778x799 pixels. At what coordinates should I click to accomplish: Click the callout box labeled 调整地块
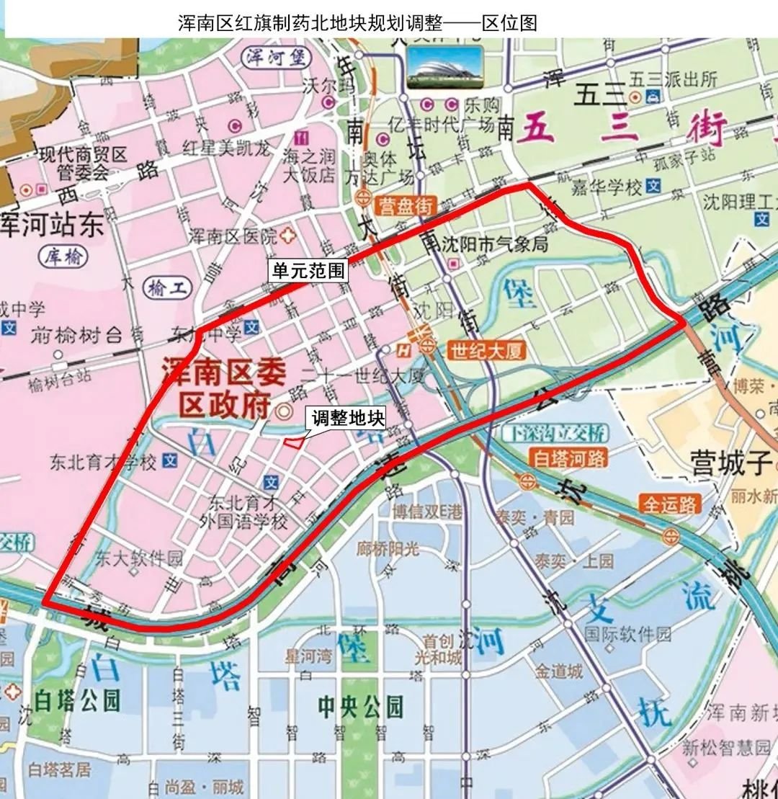349,419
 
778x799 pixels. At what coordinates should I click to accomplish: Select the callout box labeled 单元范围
308,271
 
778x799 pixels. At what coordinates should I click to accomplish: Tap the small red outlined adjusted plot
293,442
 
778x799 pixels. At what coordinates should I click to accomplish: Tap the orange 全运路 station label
671,504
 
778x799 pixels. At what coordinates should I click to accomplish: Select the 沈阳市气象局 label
495,244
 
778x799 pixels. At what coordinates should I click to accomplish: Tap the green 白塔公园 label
78,700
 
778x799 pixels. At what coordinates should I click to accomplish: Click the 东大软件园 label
139,558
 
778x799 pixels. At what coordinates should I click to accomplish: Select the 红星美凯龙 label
227,148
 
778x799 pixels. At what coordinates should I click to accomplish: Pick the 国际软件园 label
627,634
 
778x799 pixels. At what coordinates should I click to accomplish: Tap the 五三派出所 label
673,78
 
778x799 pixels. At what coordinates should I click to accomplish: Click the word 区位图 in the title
509,23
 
